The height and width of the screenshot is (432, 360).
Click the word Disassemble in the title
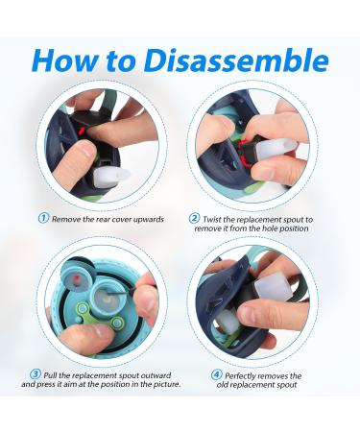[x=236, y=60]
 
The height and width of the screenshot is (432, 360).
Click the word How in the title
[x=64, y=60]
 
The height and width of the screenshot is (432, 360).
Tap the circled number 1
[x=43, y=219]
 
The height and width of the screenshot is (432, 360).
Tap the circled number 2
[x=194, y=219]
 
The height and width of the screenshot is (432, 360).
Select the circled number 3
[x=36, y=374]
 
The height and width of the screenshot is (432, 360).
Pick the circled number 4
[x=217, y=374]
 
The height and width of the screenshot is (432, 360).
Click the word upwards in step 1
[x=148, y=220]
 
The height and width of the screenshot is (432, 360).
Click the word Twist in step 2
[x=212, y=220]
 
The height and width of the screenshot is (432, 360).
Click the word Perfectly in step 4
[x=241, y=375]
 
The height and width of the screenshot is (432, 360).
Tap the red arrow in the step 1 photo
[x=82, y=130]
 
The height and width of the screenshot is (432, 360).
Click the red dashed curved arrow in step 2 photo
[x=246, y=153]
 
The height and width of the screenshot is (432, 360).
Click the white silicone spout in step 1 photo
[x=111, y=175]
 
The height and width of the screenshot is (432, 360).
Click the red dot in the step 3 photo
[x=76, y=277]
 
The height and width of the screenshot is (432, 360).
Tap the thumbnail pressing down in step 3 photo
[x=101, y=332]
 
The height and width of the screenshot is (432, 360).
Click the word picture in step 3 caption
[x=166, y=384]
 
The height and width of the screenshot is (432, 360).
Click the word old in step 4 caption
[x=223, y=384]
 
